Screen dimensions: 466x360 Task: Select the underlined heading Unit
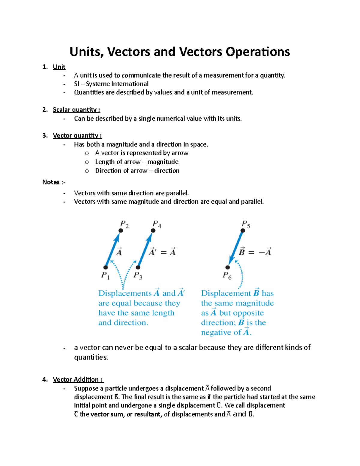[x=59, y=67]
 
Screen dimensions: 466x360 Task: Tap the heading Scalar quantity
[x=76, y=110]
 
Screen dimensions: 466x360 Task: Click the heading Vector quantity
[x=77, y=136]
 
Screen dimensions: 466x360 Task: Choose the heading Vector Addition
[x=78, y=380]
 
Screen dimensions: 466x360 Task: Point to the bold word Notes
[x=51, y=182]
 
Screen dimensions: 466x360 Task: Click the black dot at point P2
[x=121, y=230]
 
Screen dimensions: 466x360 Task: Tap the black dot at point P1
[x=106, y=267]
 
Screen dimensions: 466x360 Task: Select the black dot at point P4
[x=153, y=230]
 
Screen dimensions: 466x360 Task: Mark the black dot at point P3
[x=138, y=267]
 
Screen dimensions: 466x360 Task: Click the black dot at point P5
[x=243, y=230]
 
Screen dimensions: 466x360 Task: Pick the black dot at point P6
[x=228, y=267]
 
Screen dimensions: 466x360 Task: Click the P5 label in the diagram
[x=246, y=224]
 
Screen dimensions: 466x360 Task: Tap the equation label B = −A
[x=255, y=252]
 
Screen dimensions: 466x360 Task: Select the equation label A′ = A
[x=162, y=252]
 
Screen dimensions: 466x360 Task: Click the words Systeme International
[x=117, y=84]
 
